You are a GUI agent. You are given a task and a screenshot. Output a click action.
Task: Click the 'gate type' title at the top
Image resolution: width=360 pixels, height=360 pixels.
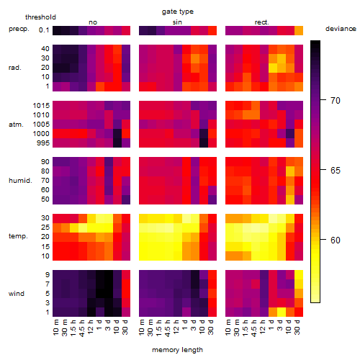point(178,12)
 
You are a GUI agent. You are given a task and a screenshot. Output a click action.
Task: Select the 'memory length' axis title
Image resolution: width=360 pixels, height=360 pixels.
point(177,350)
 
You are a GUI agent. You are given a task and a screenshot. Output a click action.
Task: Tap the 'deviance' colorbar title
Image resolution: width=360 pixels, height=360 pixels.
point(341,29)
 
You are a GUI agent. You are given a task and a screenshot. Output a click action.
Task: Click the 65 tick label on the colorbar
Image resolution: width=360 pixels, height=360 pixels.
point(336,170)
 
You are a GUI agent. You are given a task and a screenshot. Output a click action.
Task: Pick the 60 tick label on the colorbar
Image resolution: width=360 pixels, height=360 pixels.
point(336,240)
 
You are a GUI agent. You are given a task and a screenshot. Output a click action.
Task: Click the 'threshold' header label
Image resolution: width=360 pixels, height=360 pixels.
point(40,17)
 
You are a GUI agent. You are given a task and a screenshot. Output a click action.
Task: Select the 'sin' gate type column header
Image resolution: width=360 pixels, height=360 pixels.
point(177,22)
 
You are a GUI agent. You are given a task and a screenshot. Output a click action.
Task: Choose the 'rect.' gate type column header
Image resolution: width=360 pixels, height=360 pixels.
point(262,22)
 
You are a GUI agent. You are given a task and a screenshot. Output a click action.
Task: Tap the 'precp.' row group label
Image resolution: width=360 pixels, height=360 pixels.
point(19,29)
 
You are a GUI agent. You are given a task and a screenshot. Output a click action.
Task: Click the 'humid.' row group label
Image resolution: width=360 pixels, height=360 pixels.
point(20,181)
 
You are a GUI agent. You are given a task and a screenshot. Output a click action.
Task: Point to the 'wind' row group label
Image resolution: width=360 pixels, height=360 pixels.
point(17,294)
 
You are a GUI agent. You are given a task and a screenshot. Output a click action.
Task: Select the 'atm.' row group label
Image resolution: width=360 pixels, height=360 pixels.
point(16,125)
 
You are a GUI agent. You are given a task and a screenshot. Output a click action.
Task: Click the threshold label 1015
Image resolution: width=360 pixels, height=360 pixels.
point(41,106)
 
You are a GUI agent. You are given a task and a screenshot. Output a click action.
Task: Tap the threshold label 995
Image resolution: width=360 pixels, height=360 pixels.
point(43,143)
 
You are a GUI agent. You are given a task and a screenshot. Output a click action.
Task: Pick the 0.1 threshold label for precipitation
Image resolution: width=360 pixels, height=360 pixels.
point(44,30)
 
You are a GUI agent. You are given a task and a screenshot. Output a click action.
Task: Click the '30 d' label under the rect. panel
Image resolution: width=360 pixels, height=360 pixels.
point(297,327)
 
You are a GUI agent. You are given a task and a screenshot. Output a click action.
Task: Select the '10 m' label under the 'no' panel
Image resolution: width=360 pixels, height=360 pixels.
point(55,328)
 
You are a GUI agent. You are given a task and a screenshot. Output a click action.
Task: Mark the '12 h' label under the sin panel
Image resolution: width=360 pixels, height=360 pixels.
point(176,327)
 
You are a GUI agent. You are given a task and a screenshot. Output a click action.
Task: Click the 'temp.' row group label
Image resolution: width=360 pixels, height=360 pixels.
point(18,236)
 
